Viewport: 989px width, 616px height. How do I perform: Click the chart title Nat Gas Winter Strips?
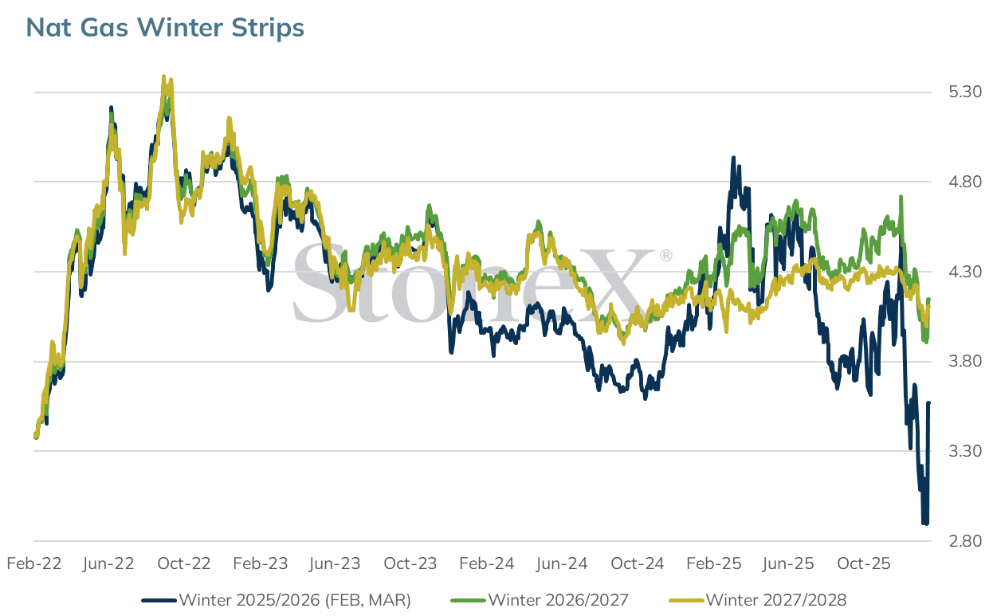click(165, 27)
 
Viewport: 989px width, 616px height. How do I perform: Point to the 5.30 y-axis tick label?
click(965, 92)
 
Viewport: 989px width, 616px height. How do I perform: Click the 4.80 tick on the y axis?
click(965, 182)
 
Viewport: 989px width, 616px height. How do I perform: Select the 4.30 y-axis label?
click(965, 272)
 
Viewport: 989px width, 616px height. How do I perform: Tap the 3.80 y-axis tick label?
click(965, 361)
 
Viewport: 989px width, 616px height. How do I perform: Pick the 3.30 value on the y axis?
click(965, 451)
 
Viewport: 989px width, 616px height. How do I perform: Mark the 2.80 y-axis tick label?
click(965, 541)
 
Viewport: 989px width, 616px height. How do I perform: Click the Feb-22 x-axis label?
click(34, 563)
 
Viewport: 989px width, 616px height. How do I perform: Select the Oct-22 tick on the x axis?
click(184, 563)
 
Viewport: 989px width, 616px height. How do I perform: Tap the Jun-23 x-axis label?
click(335, 563)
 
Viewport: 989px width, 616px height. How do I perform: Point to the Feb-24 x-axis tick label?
click(487, 563)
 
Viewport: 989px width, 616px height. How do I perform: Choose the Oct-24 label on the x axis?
click(637, 563)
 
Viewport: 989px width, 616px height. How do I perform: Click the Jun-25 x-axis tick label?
click(788, 563)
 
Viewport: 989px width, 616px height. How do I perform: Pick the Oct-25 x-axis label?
click(864, 563)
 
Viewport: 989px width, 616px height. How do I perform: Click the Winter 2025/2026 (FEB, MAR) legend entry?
click(277, 600)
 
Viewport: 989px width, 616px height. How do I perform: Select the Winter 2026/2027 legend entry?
click(540, 600)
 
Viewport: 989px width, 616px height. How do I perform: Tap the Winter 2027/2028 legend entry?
click(758, 600)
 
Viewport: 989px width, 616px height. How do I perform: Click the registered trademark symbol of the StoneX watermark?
click(665, 255)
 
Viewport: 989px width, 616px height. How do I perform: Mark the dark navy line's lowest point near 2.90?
click(924, 524)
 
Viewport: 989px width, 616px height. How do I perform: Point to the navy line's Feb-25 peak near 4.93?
click(733, 157)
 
